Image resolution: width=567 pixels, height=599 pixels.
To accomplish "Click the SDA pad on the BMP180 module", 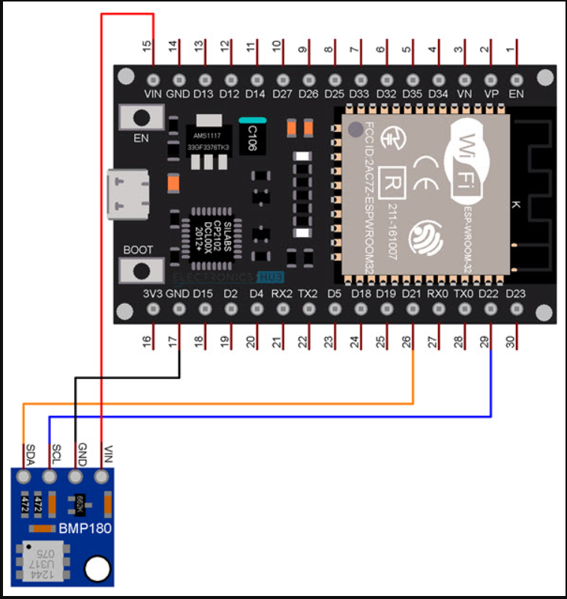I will (25, 477).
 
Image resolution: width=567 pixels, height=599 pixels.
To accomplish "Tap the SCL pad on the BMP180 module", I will (50, 477).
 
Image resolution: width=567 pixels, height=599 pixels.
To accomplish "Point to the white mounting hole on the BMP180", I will (97, 570).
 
